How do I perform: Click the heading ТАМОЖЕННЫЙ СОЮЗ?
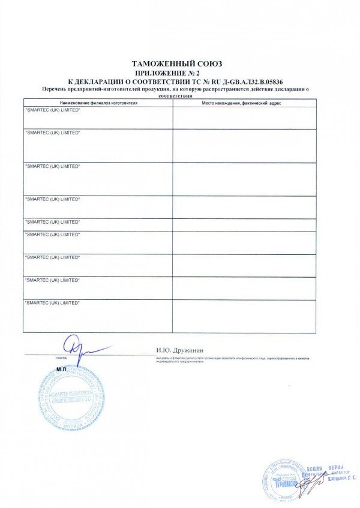(x=180, y=64)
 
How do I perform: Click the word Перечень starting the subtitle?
(x=55, y=89)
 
